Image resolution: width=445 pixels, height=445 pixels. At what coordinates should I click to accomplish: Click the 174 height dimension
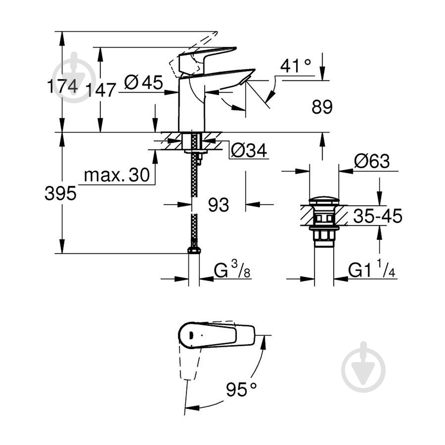[x=63, y=86]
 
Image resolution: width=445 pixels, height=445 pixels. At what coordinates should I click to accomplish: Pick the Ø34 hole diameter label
[x=249, y=151]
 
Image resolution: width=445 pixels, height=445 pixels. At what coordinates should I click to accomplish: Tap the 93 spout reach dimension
[x=218, y=205]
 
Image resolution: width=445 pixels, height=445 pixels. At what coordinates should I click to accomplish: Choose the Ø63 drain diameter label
[x=372, y=162]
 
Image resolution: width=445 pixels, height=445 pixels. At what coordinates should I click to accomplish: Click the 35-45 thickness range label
[x=377, y=216]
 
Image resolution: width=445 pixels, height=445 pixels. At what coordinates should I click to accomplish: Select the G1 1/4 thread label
[x=372, y=270]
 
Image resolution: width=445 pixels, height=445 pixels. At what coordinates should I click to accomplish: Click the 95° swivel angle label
[x=241, y=389]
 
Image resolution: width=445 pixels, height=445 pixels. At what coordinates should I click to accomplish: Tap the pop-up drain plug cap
[x=324, y=200]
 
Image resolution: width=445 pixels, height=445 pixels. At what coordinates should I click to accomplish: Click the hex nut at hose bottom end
[x=194, y=250]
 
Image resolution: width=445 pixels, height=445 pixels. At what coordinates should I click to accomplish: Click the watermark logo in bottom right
[x=363, y=368]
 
